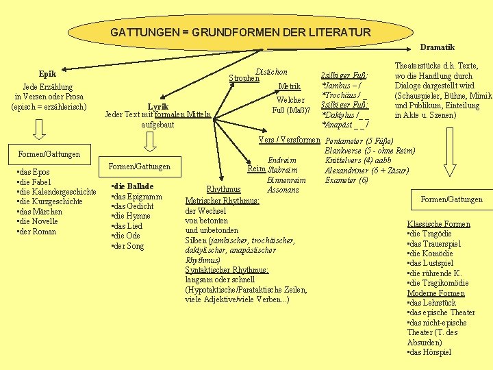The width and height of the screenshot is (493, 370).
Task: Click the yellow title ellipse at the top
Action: click(240, 32)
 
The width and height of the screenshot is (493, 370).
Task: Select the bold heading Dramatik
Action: click(437, 47)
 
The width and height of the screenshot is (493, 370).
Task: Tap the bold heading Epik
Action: click(47, 74)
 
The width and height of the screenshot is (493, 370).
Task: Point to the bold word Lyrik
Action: click(159, 106)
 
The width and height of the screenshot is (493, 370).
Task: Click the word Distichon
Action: click(270, 72)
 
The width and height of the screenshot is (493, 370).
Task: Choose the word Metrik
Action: click(290, 86)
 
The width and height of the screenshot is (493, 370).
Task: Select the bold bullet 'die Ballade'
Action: click(132, 186)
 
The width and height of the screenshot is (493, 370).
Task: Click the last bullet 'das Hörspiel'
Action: click(429, 352)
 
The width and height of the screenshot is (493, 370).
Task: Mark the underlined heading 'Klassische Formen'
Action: click(438, 224)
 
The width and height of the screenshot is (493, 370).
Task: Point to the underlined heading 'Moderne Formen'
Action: click(435, 293)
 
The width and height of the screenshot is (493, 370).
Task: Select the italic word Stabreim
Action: click(282, 170)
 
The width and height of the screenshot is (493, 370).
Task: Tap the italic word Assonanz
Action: click(283, 189)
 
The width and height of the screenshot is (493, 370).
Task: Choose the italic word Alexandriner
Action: click(346, 170)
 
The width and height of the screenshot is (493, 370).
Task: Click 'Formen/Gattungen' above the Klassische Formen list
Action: click(451, 199)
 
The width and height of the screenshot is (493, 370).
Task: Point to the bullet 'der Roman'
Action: click(38, 232)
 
